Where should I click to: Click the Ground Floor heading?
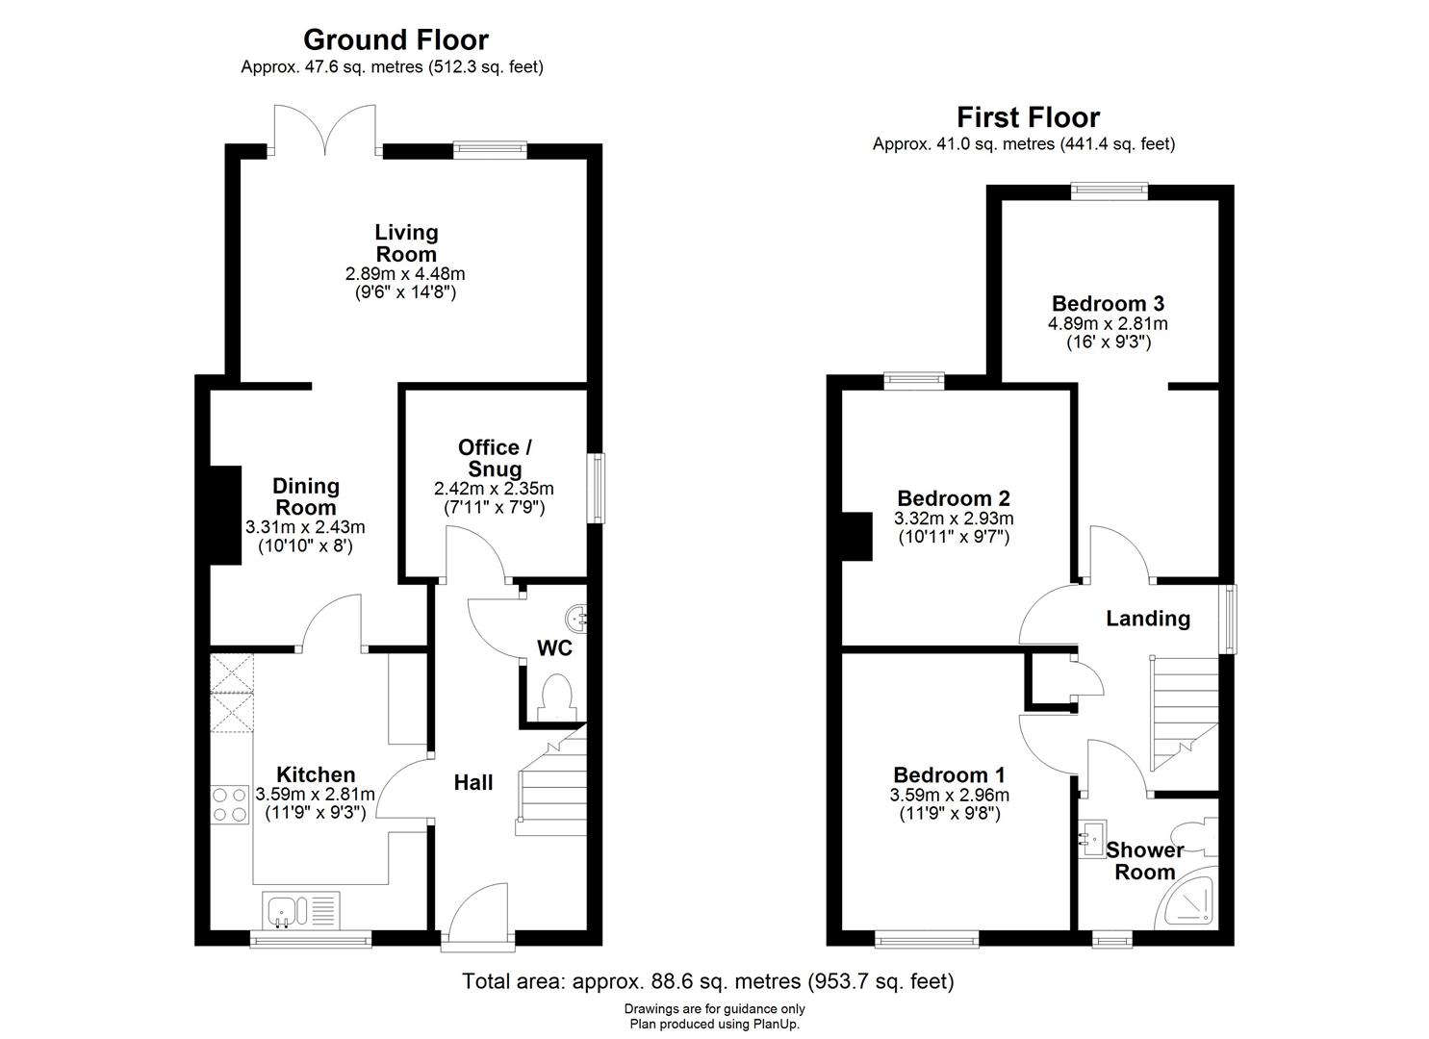[396, 39]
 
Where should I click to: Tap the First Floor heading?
[1028, 117]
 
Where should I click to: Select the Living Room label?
[405, 243]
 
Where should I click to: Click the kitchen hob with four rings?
[230, 804]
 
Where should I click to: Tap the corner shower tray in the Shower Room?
[1191, 904]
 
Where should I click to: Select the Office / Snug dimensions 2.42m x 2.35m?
[494, 489]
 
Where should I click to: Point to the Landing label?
[1147, 619]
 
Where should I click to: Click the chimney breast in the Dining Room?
[226, 515]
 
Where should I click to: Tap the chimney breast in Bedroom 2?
[855, 536]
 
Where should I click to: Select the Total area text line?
[707, 981]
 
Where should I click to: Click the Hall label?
[473, 783]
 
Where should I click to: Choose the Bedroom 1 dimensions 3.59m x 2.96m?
[949, 796]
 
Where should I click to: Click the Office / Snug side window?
[598, 489]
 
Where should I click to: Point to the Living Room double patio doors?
[325, 132]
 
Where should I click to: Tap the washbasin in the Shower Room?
[1093, 838]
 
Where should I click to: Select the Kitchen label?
[316, 774]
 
